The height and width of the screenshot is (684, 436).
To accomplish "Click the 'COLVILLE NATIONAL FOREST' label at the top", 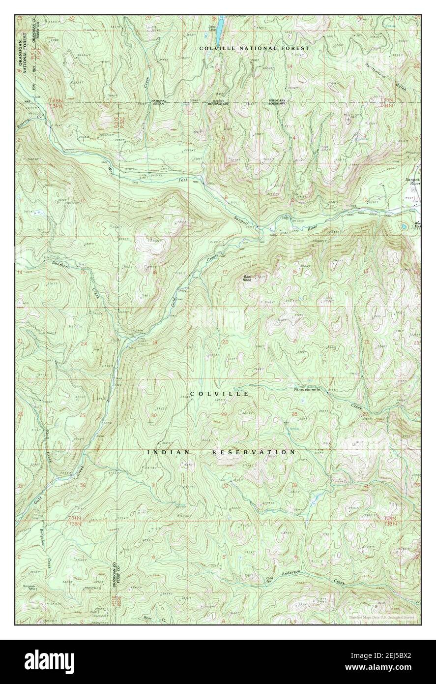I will point(254,48).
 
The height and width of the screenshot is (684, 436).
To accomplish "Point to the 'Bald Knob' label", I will point(247,278).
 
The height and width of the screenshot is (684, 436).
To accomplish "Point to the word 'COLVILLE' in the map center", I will point(219,394).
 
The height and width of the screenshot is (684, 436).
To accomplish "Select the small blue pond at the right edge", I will point(404,227).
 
